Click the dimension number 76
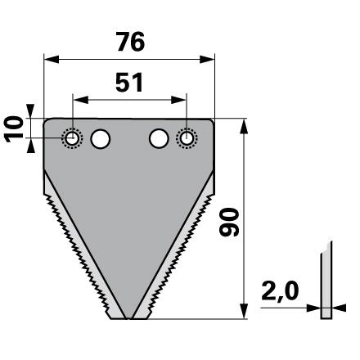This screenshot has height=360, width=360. pyautogui.click(x=131, y=42)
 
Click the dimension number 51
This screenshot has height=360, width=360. pyautogui.click(x=129, y=82)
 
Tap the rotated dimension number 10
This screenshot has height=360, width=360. pyautogui.click(x=14, y=129)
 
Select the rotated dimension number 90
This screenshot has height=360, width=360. pyautogui.click(x=229, y=222)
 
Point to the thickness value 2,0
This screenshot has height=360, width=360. pyautogui.click(x=280, y=291)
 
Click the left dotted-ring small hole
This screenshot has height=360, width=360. pyautogui.click(x=72, y=138)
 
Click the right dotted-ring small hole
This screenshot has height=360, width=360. pyautogui.click(x=187, y=138)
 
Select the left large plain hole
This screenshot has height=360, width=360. pyautogui.click(x=101, y=138)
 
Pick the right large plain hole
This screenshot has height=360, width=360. pyautogui.click(x=159, y=138)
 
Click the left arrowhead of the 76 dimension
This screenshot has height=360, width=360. pyautogui.click(x=52, y=60)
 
